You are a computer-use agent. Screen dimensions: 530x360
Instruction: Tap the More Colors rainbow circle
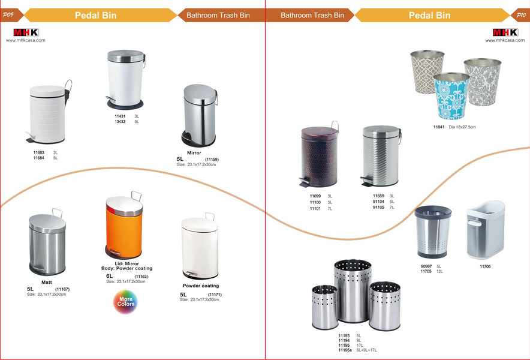(125, 301)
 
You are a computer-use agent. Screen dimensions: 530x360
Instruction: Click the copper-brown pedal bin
(318, 157)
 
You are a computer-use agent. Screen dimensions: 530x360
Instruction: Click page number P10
(520, 14)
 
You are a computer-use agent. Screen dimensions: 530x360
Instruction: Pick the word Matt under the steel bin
(47, 282)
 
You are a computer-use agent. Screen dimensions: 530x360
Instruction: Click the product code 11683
(39, 153)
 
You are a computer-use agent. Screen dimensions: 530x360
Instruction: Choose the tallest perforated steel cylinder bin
(353, 291)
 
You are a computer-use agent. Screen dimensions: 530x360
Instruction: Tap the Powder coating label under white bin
(201, 286)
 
